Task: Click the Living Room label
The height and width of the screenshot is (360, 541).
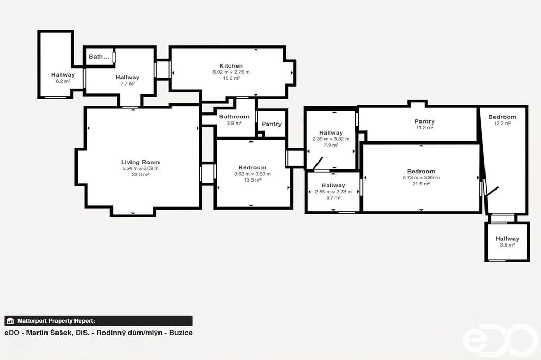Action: [x=140, y=162]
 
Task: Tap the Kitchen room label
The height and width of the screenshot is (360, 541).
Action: [x=231, y=66]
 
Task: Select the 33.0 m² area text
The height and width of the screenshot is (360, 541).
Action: [x=140, y=175]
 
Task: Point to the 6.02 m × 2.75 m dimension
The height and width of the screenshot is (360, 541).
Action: [x=231, y=72]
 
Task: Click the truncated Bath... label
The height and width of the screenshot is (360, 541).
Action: [x=99, y=56]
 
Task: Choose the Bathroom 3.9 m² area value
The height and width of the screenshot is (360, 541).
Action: [x=234, y=123]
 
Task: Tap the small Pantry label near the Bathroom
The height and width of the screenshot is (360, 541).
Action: [x=272, y=124]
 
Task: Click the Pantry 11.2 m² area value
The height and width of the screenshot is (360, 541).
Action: [x=424, y=128]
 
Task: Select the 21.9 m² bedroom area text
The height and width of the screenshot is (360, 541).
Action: [x=421, y=184]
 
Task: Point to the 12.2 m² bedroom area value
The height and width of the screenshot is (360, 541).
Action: [x=502, y=124]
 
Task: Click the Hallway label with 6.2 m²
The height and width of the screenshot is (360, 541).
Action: [x=63, y=75]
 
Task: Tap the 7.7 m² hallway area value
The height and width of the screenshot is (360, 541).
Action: [x=127, y=83]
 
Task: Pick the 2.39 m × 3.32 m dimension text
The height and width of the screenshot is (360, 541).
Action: [x=331, y=139]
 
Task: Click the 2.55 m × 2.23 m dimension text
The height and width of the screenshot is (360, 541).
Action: [x=333, y=192]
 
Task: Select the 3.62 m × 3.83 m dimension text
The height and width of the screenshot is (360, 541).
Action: [x=252, y=174]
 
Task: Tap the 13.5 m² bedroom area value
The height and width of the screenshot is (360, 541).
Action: [x=252, y=180]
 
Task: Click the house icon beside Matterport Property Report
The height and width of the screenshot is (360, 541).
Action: [x=11, y=321]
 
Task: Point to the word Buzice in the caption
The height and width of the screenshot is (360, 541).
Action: [x=181, y=333]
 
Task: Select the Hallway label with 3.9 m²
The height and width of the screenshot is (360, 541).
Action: [x=507, y=239]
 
